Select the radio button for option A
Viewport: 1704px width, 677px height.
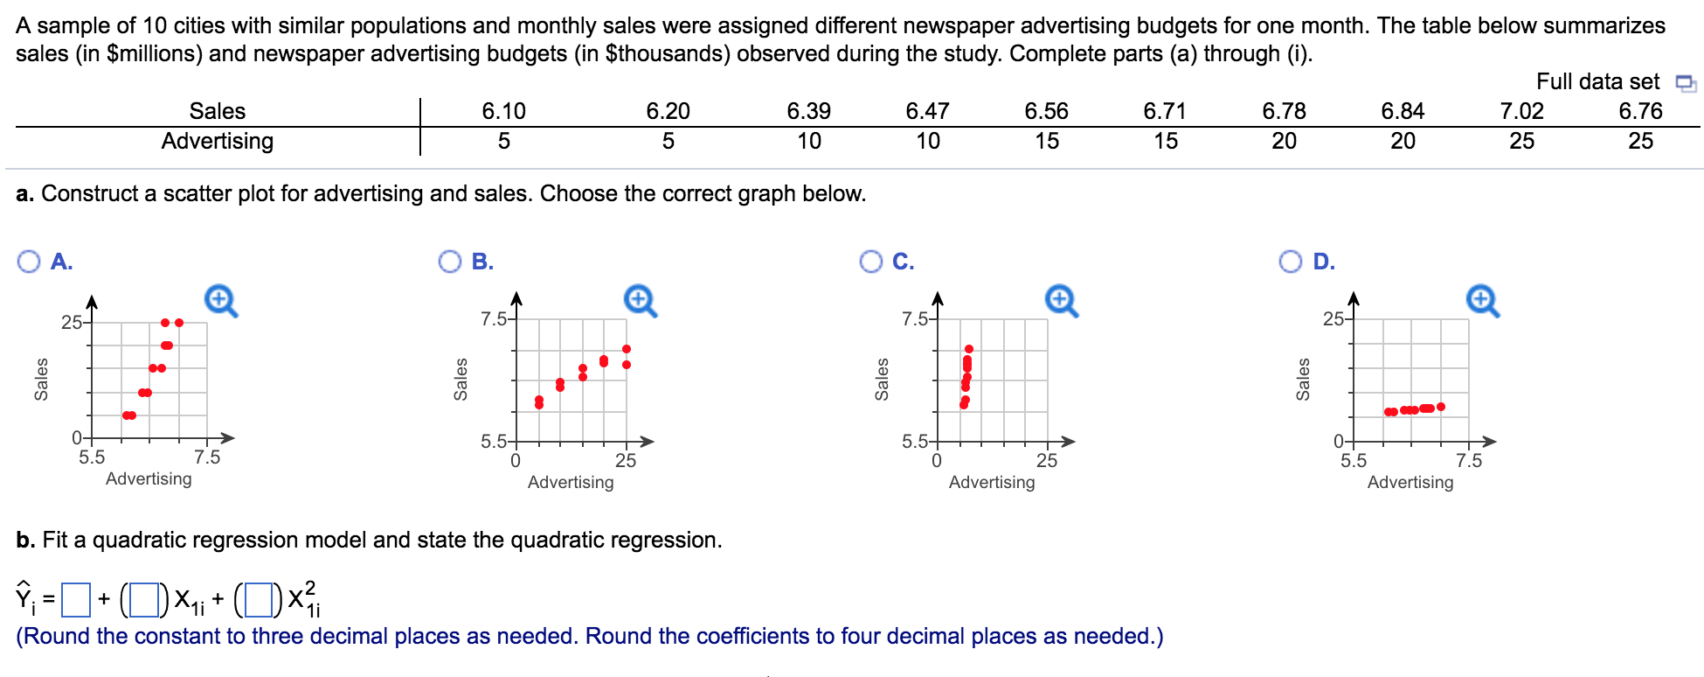29,262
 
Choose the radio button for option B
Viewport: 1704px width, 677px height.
450,262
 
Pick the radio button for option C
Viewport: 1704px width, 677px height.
871,262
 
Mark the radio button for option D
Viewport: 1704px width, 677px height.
1291,262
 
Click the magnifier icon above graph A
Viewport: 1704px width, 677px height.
220,300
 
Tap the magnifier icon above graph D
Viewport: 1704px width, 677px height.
1482,300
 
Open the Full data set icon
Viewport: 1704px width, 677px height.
1686,83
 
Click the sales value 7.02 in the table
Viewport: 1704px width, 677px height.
1521,111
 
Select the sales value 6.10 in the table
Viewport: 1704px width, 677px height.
504,111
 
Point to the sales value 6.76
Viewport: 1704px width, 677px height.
1640,111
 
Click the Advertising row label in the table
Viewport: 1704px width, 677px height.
218,141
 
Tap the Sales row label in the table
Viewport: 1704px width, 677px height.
218,111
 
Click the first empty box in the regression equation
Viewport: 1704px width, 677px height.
77,599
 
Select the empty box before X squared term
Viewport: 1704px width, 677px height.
259,599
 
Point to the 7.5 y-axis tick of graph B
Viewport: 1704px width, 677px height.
494,319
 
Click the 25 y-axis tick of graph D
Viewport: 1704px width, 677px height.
1333,319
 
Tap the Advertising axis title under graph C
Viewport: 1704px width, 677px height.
992,482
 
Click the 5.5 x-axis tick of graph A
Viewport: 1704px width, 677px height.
92,457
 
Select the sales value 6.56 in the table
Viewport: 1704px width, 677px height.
1046,111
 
